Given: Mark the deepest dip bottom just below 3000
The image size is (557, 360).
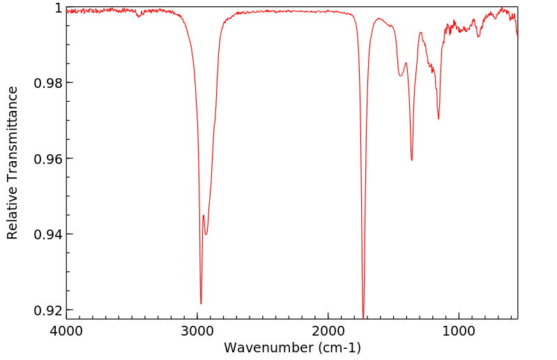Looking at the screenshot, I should [x=201, y=303].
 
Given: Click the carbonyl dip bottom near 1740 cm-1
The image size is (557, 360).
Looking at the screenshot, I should [x=363, y=317].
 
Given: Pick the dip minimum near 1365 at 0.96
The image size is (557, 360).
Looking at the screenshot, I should [x=412, y=160].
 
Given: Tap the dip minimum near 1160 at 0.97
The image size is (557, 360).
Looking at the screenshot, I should [x=438, y=119].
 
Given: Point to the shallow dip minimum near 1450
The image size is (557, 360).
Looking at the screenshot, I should [x=401, y=76].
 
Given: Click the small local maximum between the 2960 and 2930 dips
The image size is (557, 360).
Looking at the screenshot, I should [x=204, y=215].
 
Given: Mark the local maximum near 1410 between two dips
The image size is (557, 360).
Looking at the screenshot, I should [x=406, y=63].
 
